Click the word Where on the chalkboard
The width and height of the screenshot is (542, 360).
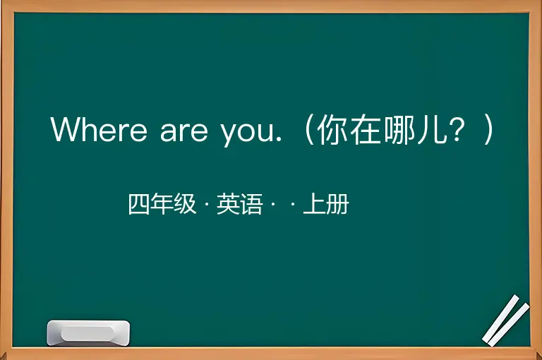[99, 129]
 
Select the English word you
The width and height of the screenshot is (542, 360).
[248, 134]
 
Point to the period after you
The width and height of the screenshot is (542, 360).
[279, 139]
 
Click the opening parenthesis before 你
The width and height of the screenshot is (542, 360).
[308, 130]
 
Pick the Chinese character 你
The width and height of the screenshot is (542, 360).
[332, 129]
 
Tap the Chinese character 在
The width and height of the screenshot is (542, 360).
[366, 129]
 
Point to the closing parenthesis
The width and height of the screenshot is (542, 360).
[488, 130]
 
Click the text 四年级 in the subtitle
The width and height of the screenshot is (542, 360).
[162, 204]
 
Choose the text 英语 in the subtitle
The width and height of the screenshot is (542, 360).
[239, 204]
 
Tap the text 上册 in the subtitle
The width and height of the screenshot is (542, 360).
[326, 204]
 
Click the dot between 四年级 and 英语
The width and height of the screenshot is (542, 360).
[207, 204]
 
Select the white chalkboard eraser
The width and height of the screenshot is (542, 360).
[88, 332]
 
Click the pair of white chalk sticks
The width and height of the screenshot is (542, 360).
[506, 320]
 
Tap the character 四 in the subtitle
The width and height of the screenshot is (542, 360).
[139, 204]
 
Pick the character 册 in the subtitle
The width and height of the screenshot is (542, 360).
[337, 204]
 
